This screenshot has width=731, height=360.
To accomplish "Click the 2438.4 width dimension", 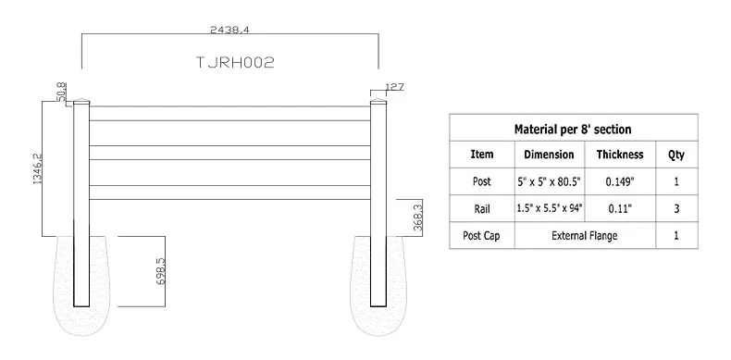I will (229, 31).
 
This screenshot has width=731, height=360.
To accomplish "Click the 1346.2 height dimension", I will (38, 168).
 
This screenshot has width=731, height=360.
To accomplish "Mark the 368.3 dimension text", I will (417, 218).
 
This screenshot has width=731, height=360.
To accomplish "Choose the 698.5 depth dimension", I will (160, 271).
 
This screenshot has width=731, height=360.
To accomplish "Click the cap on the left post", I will (81, 104).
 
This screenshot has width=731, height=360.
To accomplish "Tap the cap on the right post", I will (378, 104).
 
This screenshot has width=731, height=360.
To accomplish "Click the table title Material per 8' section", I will (573, 129).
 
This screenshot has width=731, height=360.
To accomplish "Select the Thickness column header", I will (620, 155).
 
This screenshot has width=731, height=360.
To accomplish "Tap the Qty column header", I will (676, 155).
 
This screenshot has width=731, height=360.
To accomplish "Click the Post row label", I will (482, 181).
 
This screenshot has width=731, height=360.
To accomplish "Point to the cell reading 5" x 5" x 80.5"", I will (549, 181).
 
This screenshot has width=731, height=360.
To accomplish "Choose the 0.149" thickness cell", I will (620, 181).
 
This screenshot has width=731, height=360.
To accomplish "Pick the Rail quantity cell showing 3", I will (676, 209).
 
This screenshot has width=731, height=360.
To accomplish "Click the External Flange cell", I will (584, 236).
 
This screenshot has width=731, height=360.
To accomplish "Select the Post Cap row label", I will (482, 236).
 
